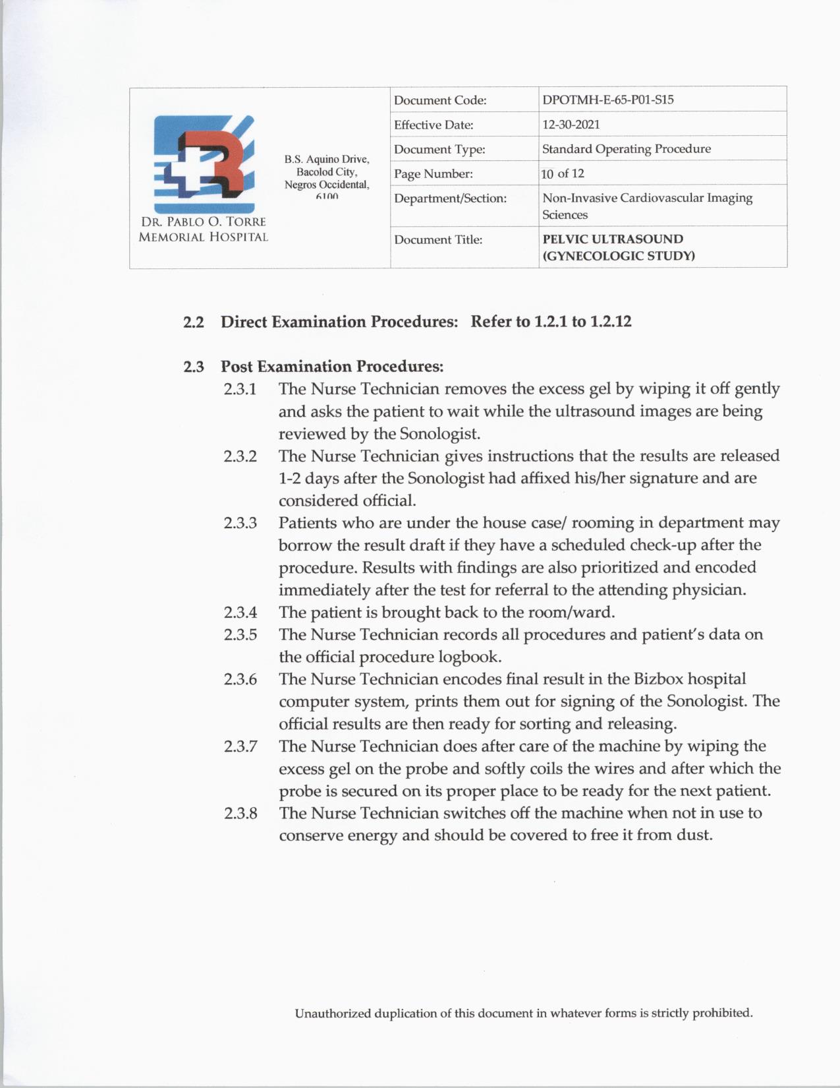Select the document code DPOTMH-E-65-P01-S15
coord(607,100)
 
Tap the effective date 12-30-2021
coord(571,125)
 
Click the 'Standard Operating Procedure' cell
coord(626,149)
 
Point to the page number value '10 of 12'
coord(563,174)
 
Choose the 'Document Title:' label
coord(438,240)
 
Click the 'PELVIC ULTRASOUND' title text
coord(613,239)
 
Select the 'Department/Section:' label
coord(450,198)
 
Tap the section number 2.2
coord(193,322)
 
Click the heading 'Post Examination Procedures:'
coord(331,367)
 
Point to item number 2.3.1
coord(240,389)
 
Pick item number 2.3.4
coord(240,613)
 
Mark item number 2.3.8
coord(240,813)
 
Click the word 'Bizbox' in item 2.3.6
coord(658,679)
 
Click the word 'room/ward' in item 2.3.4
coord(577,613)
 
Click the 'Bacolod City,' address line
coord(327,172)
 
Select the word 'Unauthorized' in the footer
coord(333,1013)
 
